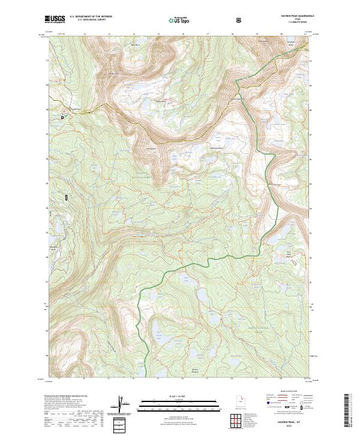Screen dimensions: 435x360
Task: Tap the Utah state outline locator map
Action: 234,403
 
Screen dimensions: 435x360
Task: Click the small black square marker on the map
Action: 62,118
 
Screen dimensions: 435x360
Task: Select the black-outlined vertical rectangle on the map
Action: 67,196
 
